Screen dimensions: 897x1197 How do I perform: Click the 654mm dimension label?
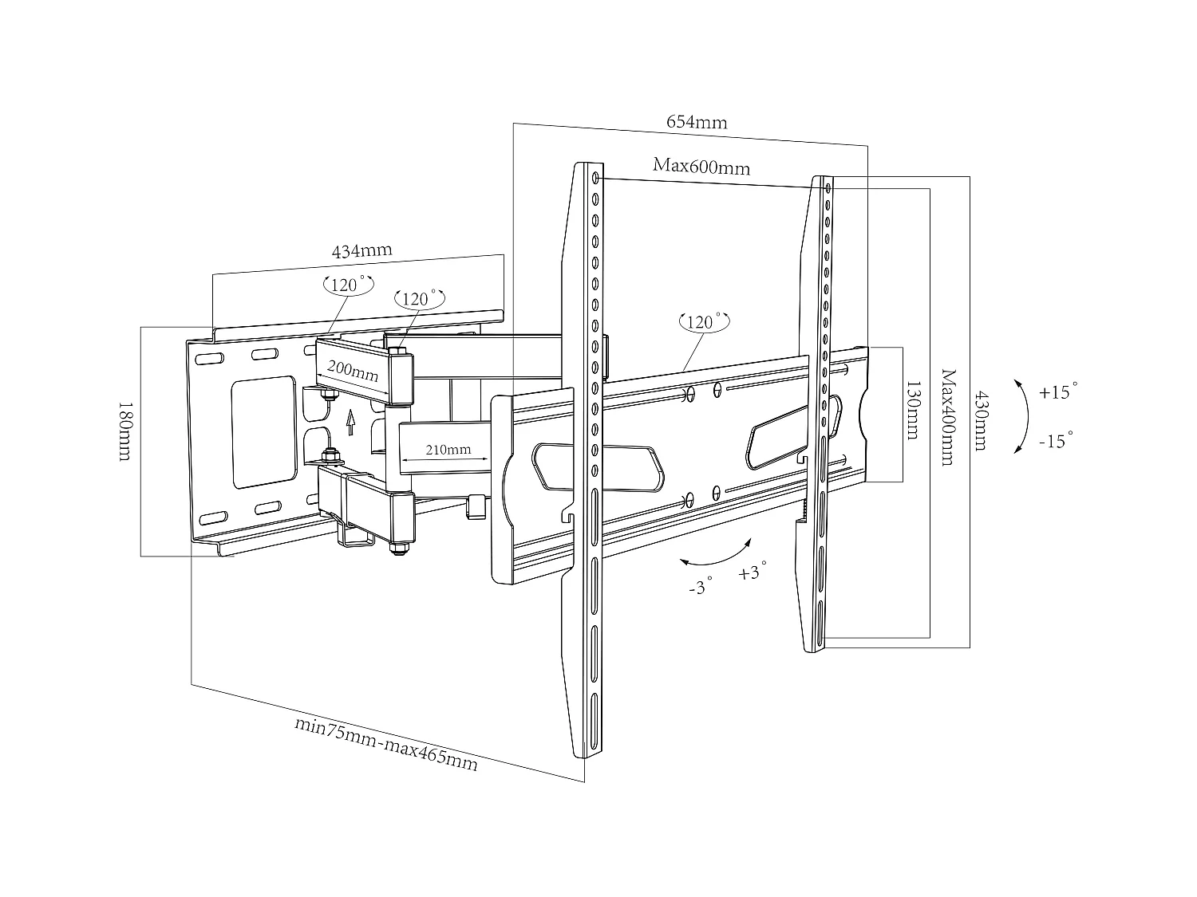[697, 122]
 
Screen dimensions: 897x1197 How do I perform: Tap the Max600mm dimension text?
[701, 167]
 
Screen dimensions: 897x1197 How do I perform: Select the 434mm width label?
[361, 250]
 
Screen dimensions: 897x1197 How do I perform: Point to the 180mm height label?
[124, 431]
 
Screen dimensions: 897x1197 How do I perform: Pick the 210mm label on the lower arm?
[448, 450]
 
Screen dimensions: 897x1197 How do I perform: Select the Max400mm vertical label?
[947, 417]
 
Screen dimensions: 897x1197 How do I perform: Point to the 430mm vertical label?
[981, 420]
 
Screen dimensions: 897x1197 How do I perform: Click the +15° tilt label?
[1058, 392]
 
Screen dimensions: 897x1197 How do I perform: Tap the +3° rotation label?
[752, 572]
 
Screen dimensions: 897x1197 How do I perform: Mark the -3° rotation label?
[699, 588]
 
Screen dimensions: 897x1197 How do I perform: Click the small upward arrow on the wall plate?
[350, 417]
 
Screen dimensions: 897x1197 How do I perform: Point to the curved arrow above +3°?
[716, 556]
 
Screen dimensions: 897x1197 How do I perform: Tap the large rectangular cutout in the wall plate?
[263, 431]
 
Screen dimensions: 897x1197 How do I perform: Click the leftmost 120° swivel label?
[348, 285]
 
